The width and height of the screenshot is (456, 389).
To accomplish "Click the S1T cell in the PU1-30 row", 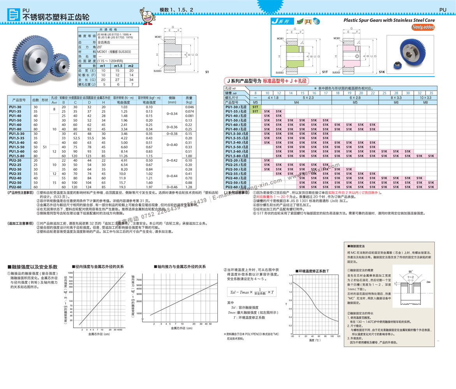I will tap(255, 107).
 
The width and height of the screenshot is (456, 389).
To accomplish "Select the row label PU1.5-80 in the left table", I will tap(16, 156).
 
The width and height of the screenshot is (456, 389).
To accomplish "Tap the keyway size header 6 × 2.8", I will tap(355, 98).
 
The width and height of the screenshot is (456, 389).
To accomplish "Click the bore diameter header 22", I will tap(373, 93).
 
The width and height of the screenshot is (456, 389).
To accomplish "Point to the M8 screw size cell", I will tap(425, 102).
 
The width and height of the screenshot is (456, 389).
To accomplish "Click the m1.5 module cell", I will tap(118, 66).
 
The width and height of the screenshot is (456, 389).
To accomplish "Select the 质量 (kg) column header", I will tap(189, 100).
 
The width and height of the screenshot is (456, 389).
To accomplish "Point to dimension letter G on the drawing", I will tap(351, 29).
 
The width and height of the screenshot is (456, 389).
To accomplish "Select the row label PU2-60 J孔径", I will tap(236, 187).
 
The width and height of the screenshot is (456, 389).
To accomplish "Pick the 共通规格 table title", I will tap(108, 29).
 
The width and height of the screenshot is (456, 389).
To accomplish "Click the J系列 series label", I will tap(280, 22).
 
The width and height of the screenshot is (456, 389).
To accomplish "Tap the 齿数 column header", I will tap(35, 100).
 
